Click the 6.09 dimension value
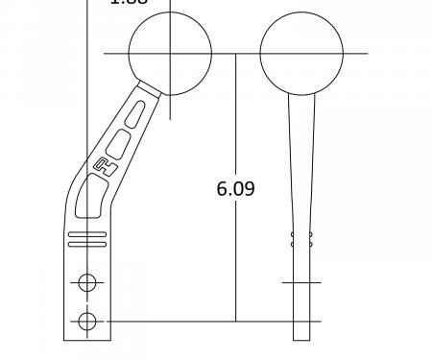(x=235, y=188)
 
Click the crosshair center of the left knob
(x=170, y=53)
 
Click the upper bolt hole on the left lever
(x=87, y=282)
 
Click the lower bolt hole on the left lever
(x=87, y=321)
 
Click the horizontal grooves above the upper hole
(x=87, y=240)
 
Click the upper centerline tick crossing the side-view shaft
(x=301, y=282)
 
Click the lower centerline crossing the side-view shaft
(x=301, y=321)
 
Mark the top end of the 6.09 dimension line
(x=235, y=54)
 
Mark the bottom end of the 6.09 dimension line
(x=235, y=320)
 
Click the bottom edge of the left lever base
(x=87, y=340)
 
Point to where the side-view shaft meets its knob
(x=301, y=94)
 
